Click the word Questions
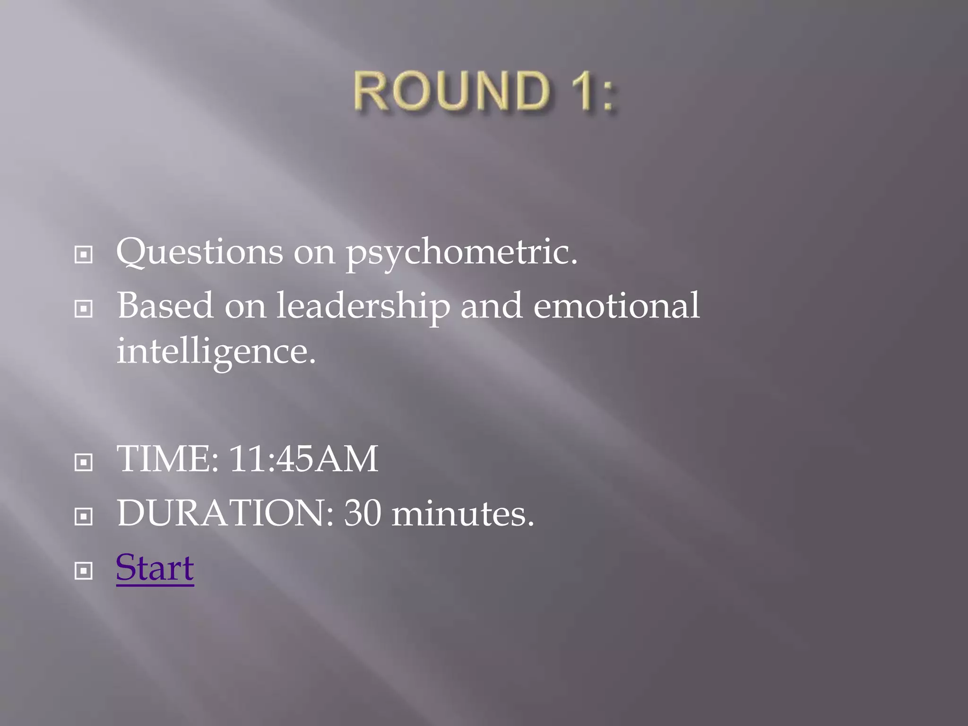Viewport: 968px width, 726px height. (x=199, y=251)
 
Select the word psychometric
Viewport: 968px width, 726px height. (x=461, y=253)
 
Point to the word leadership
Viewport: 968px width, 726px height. (x=363, y=306)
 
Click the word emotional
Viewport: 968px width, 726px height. (x=616, y=305)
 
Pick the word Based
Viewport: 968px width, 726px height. (x=165, y=305)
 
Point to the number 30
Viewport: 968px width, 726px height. (x=362, y=513)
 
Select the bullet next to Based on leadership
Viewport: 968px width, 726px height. (x=84, y=310)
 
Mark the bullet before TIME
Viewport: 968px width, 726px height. (x=84, y=462)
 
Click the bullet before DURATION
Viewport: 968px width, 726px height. (x=84, y=517)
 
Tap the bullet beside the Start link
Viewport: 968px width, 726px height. (x=84, y=571)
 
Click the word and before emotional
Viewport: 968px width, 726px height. (x=492, y=305)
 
